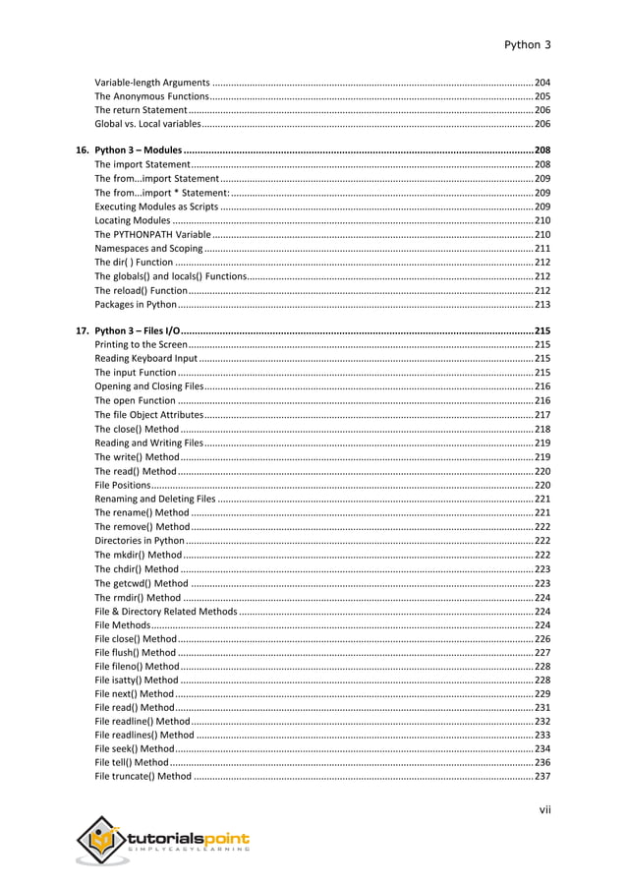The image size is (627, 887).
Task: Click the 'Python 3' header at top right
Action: [527, 45]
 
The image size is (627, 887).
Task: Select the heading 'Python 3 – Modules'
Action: [138, 150]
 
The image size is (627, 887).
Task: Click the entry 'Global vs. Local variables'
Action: [146, 125]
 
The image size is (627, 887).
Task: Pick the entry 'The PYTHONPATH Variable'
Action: [152, 235]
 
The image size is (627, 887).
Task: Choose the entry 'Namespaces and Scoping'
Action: [148, 250]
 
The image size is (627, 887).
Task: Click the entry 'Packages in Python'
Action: [136, 305]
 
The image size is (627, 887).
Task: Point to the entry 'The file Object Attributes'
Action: [148, 416]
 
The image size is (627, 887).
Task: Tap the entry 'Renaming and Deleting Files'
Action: [154, 500]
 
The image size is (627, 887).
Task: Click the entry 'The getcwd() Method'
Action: [142, 583]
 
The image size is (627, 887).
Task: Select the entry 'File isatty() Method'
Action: [137, 680]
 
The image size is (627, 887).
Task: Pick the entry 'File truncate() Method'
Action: [143, 777]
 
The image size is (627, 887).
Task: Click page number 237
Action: [541, 777]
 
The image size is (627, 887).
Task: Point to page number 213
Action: [541, 305]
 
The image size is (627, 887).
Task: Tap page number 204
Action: [541, 82]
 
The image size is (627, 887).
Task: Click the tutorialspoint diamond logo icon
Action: [100, 842]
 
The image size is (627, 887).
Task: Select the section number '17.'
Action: [84, 331]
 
